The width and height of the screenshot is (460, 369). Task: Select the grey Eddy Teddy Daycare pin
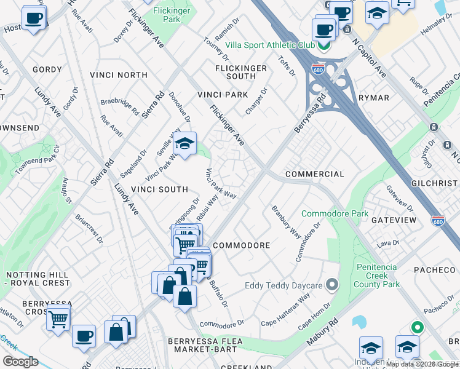tap(332, 285)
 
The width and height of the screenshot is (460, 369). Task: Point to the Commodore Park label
tap(335, 214)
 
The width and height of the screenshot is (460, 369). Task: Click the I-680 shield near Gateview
tap(438, 220)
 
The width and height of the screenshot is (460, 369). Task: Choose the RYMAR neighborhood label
tap(375, 98)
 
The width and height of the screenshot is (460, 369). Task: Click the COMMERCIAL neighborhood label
tap(315, 174)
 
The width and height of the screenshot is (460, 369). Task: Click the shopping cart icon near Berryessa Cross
tap(58, 318)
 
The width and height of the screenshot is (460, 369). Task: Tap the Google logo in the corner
tap(20, 362)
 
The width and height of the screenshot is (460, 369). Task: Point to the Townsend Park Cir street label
tap(38, 160)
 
